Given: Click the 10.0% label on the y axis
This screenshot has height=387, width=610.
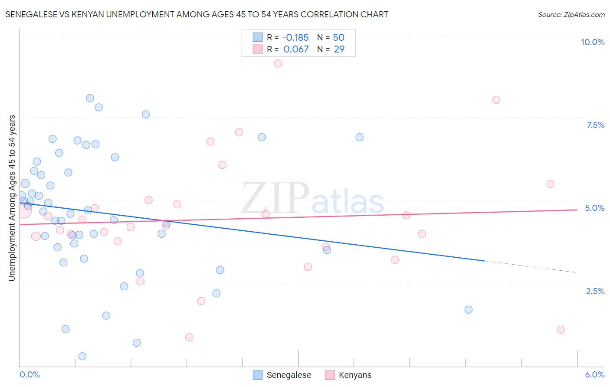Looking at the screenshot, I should click(x=592, y=42).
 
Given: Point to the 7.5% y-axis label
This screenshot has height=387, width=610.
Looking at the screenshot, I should click(x=595, y=125).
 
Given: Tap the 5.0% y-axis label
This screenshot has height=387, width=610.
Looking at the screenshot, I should click(x=594, y=208).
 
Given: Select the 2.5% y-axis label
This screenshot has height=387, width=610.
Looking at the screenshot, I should click(x=595, y=291).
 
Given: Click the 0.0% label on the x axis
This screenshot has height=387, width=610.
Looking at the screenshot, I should click(x=30, y=374).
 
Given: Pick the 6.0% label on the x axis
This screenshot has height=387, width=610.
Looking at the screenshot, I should click(x=594, y=374).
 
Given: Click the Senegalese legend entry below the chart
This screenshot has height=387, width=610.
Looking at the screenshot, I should click(x=289, y=375).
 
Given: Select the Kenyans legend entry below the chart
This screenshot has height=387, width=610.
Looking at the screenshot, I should click(x=355, y=375).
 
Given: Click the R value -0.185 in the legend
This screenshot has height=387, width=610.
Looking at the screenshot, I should click(x=295, y=37).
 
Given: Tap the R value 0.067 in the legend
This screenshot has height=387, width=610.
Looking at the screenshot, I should click(x=296, y=49).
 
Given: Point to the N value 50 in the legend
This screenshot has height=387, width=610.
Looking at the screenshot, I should click(x=338, y=37).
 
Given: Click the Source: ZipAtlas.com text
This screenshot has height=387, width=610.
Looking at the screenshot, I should click(x=571, y=14).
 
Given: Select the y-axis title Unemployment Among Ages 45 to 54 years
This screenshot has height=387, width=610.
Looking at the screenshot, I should click(x=12, y=197).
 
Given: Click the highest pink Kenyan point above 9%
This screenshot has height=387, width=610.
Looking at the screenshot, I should click(x=278, y=63).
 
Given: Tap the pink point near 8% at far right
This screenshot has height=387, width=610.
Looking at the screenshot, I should click(x=496, y=100).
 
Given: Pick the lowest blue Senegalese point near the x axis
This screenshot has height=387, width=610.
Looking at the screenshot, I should click(x=82, y=356).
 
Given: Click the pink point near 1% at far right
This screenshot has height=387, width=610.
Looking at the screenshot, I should click(x=561, y=330).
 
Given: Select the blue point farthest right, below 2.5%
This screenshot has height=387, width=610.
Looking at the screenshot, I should click(x=468, y=310).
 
